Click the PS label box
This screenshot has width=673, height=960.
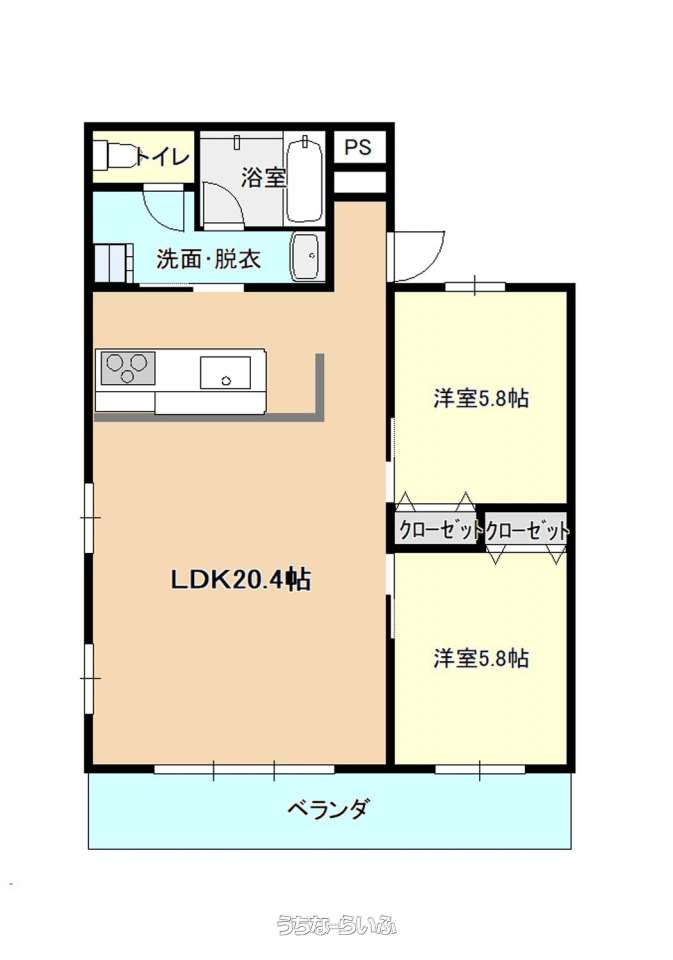point(359,147)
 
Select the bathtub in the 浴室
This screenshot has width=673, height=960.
point(304,180)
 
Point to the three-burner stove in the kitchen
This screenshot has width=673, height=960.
point(127,368)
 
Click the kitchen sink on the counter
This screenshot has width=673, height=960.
point(225,372)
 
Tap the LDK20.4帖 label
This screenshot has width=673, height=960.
point(240,579)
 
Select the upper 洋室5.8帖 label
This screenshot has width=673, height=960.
point(481,399)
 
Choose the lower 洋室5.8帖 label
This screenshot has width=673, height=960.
point(481,659)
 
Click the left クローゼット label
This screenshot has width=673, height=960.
point(439,530)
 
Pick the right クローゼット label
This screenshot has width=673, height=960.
point(527,530)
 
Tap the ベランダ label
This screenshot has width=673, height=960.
point(329,809)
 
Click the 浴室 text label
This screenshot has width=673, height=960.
point(263,178)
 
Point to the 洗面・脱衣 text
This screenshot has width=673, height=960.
point(209,259)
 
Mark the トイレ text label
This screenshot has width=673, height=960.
point(162,156)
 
